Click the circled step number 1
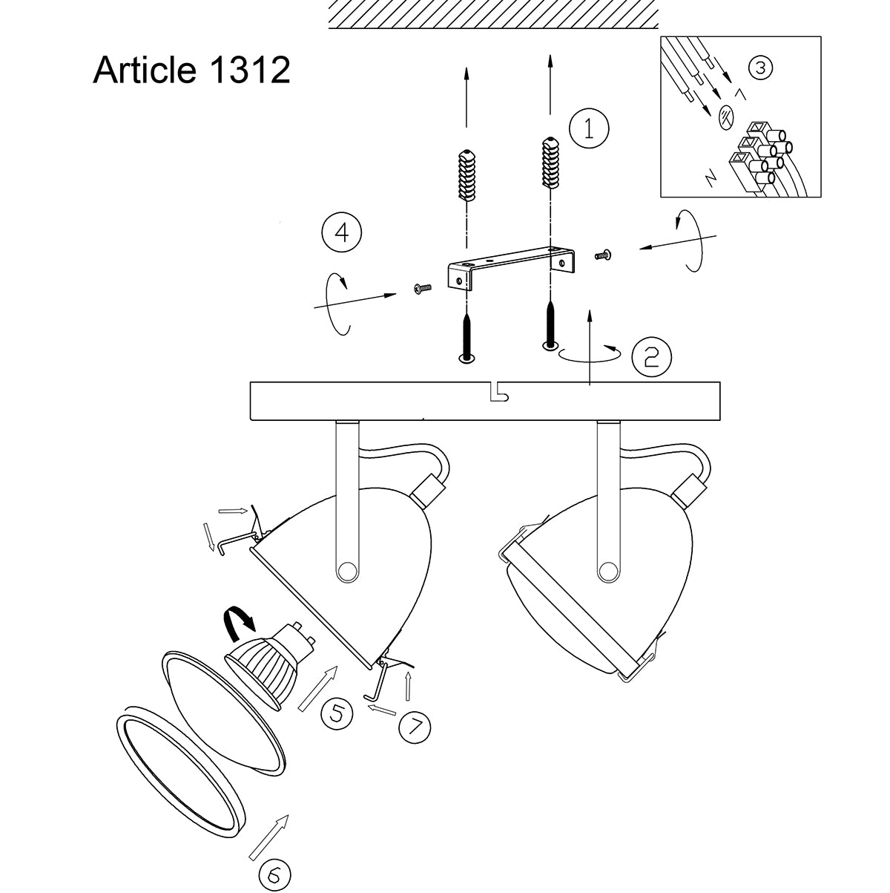tap(589, 129)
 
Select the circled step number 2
tap(650, 357)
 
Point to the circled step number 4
tap(342, 232)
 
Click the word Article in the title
tap(145, 71)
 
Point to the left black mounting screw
tap(466, 338)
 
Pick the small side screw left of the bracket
tap(421, 288)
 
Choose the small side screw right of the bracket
tap(602, 255)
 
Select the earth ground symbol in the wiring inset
tap(726, 116)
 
